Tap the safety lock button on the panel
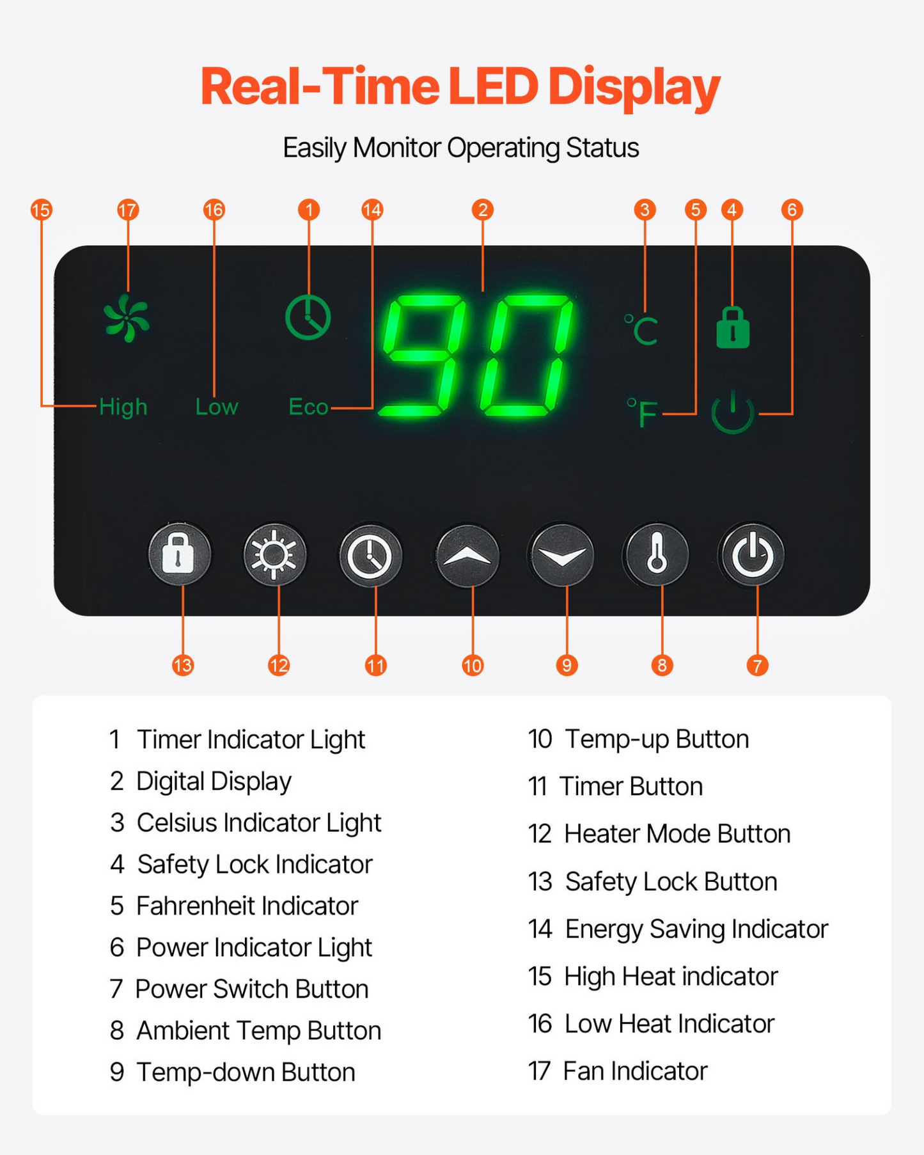coord(179,554)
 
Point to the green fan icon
coord(127,318)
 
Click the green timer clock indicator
coord(308,317)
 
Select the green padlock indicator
coord(733,327)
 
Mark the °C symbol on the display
coord(641,330)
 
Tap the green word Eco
coord(308,407)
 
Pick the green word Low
coord(217,407)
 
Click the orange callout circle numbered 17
coord(128,210)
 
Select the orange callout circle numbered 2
coord(483,210)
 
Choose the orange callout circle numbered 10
coord(473,666)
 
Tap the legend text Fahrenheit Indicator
coord(247,906)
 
